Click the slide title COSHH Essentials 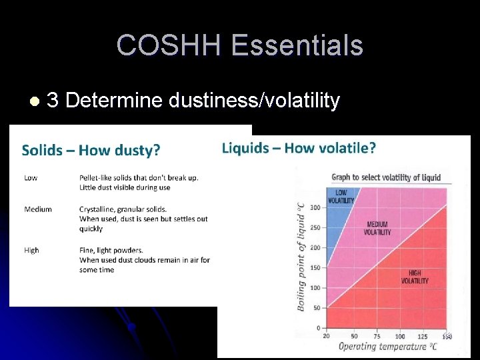[240, 45]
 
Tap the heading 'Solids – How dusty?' [91, 150]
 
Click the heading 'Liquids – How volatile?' [299, 147]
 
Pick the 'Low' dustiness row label [31, 177]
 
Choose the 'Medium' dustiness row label [38, 209]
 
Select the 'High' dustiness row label [31, 250]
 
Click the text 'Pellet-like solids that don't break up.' [139, 177]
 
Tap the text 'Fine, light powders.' [111, 250]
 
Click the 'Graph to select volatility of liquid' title [386, 177]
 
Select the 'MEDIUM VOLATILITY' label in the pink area [377, 229]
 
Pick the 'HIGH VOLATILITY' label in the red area [415, 277]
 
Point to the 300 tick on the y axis [315, 207]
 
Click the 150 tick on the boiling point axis [315, 268]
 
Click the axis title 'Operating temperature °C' [387, 347]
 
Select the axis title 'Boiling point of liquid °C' [301, 257]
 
